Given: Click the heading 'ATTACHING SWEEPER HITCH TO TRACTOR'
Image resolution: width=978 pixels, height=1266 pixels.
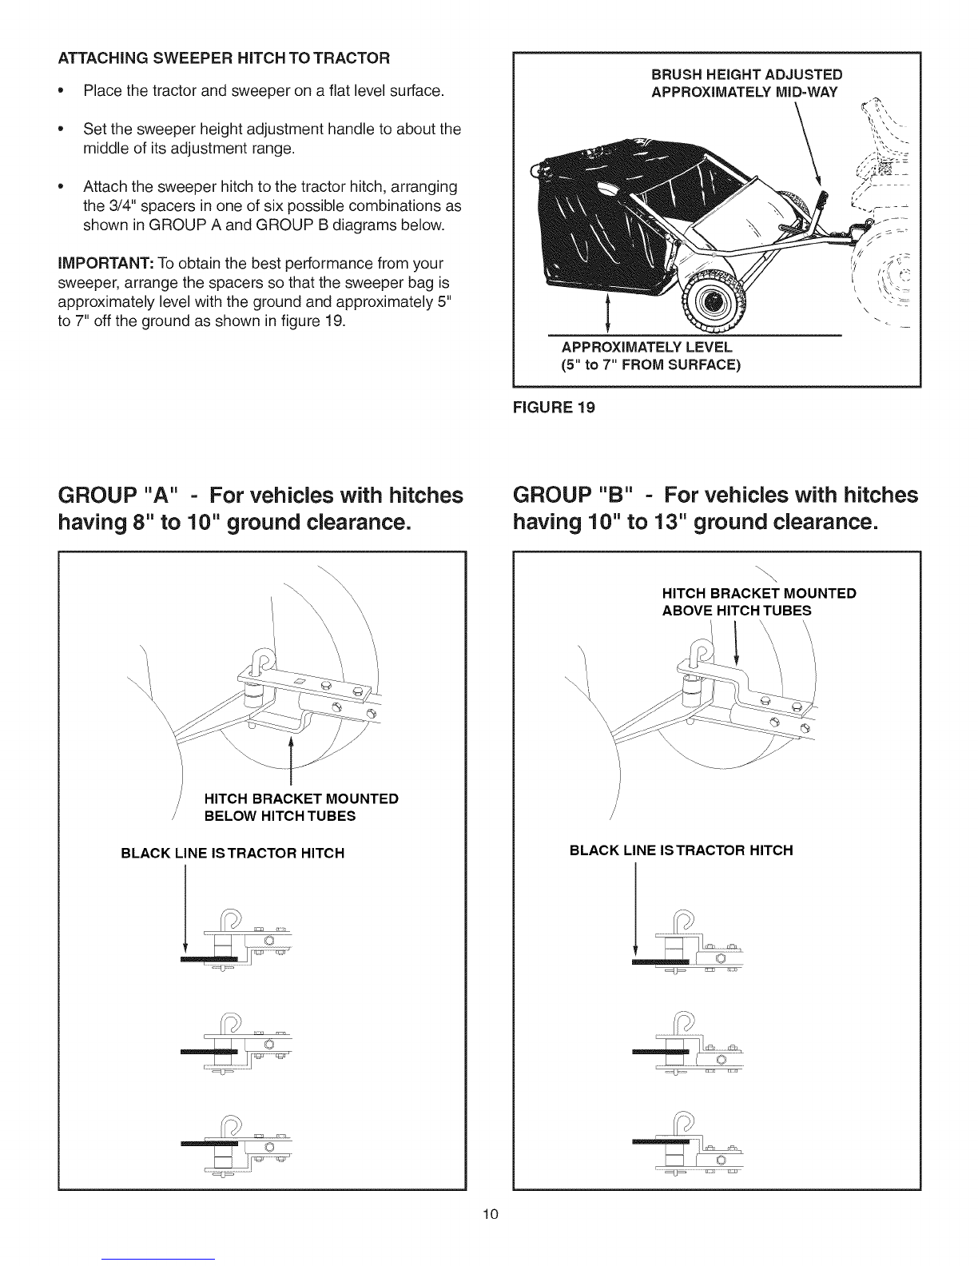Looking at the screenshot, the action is [224, 58].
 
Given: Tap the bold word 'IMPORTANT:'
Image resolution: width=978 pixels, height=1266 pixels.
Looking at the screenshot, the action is [105, 263].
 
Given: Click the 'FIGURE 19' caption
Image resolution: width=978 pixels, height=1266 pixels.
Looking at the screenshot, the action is [554, 408].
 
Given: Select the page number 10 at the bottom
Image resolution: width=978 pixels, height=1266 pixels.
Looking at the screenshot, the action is [491, 1213].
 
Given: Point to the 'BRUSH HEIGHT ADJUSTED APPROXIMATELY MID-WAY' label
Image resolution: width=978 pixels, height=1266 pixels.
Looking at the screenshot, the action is [746, 83].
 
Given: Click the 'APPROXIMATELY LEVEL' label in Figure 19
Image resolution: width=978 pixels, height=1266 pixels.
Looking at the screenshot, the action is [646, 347].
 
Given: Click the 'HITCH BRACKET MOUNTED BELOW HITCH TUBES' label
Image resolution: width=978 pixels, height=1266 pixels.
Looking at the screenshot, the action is [301, 807].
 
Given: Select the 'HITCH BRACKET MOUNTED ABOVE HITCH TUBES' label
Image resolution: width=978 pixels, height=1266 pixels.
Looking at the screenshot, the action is [759, 602].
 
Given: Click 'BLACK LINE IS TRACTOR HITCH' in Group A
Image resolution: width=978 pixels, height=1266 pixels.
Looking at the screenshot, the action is [233, 853].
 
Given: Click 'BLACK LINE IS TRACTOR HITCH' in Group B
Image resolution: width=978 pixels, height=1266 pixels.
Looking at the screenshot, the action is [681, 850].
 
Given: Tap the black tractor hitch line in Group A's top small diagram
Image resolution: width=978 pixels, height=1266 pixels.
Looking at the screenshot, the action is [209, 959].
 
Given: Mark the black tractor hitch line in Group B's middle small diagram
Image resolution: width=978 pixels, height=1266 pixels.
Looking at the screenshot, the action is [660, 1052].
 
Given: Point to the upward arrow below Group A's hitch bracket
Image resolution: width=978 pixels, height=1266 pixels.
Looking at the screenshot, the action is [291, 760].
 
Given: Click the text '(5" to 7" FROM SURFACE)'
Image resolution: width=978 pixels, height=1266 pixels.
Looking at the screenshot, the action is [650, 364].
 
